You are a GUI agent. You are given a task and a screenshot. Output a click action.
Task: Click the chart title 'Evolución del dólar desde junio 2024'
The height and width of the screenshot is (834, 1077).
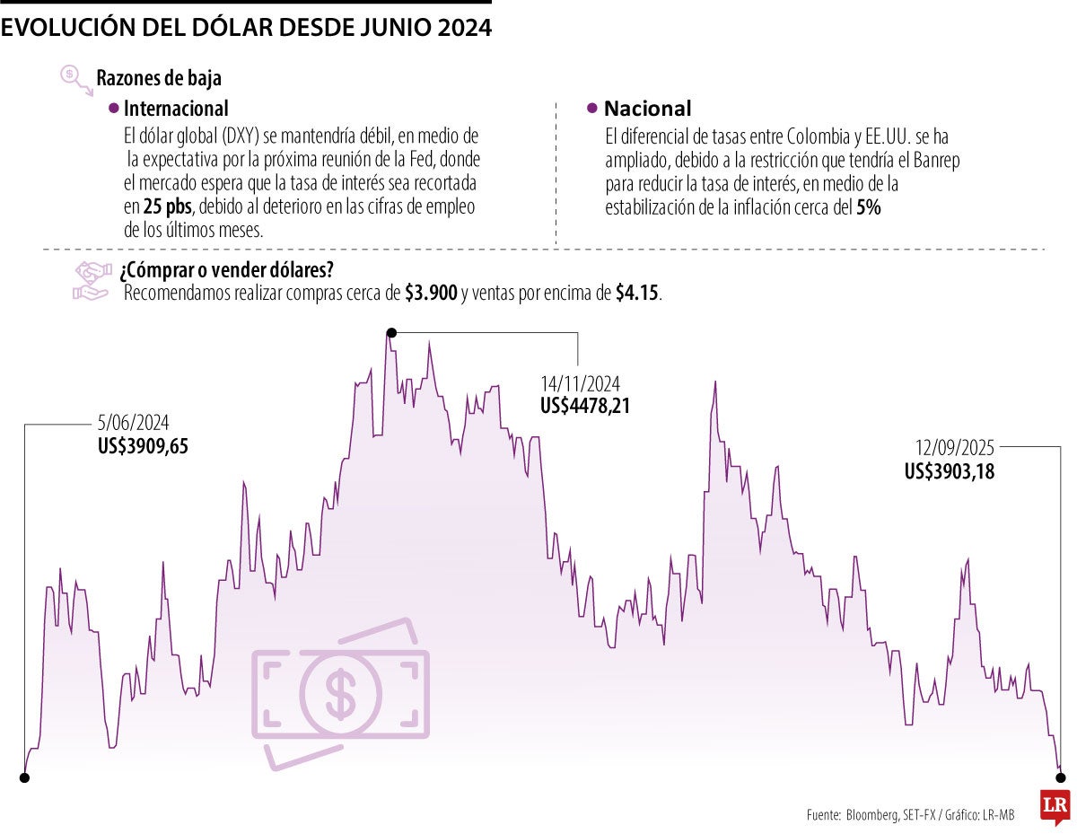(x=246, y=28)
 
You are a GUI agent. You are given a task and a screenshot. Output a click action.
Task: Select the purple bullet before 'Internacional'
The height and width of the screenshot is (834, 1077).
(x=113, y=109)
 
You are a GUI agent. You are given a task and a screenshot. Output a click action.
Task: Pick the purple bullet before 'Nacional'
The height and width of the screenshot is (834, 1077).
(x=591, y=109)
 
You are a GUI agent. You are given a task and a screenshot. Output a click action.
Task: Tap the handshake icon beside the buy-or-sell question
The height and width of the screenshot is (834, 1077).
(x=91, y=281)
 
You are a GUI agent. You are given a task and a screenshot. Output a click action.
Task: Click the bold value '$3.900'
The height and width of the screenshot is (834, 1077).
(x=431, y=294)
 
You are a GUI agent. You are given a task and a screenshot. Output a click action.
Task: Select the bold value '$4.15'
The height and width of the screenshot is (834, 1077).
(x=637, y=294)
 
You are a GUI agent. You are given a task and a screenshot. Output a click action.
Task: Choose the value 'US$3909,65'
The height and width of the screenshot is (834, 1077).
(x=144, y=444)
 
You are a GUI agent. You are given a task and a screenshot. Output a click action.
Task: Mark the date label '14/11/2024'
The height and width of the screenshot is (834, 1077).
(x=580, y=384)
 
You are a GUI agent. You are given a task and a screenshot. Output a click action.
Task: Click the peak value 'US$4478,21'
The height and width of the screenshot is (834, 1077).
(x=585, y=406)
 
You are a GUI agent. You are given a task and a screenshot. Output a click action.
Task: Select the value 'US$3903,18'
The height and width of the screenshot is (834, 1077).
(x=950, y=470)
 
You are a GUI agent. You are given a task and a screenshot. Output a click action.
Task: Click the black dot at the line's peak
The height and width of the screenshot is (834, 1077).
(x=390, y=333)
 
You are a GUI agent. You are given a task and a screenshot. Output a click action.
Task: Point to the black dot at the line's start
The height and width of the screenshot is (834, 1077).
(x=24, y=777)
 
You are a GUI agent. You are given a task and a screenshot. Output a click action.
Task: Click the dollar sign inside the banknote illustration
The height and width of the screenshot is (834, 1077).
(x=340, y=692)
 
